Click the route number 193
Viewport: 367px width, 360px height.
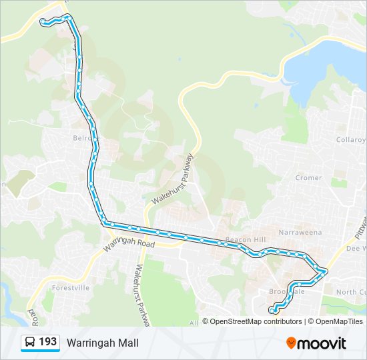click(47, 342)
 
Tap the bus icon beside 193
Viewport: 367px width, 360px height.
click(30, 343)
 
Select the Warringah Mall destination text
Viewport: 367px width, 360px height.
click(102, 343)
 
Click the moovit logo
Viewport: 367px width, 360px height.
click(316, 343)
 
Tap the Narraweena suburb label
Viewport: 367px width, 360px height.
click(303, 232)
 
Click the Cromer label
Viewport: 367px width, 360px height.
click(308, 178)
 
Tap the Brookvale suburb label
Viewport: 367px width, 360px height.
click(287, 292)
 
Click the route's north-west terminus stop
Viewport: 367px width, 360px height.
click(43, 21)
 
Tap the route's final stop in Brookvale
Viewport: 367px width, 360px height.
click(272, 309)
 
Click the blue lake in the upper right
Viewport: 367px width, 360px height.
click(327, 67)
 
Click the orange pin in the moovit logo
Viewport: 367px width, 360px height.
click(291, 343)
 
